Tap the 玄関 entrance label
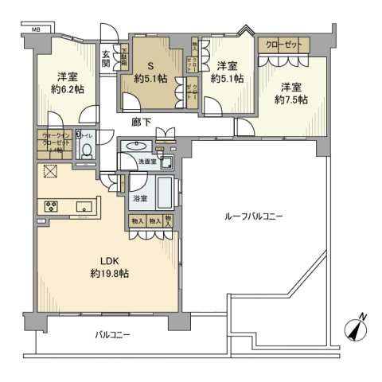pos(107,60)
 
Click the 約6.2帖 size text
pos(67,91)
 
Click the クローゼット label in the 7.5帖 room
pos(281,44)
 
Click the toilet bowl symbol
pos(85,151)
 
